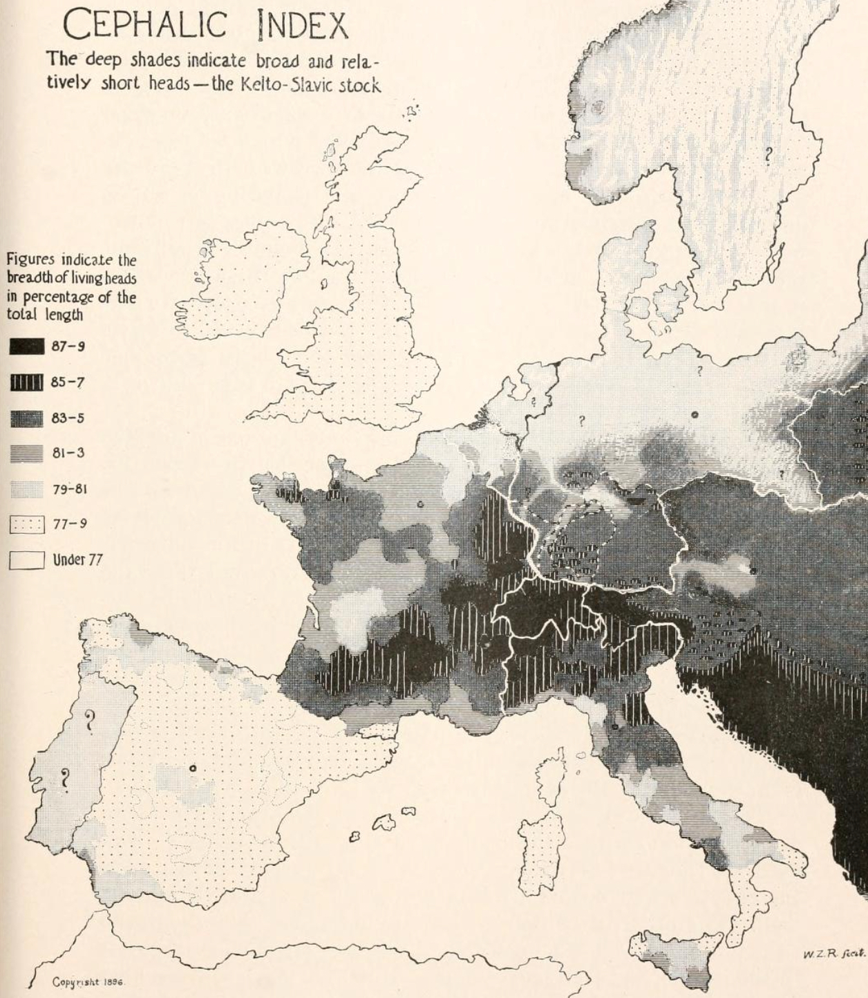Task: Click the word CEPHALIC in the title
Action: point(145,26)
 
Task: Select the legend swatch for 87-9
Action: point(27,346)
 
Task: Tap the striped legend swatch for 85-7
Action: point(27,382)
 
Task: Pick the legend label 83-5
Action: point(68,418)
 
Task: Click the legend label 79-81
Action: point(70,489)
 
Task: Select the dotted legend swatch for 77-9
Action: point(27,524)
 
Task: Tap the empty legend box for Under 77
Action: point(27,560)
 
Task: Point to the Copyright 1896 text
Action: point(88,982)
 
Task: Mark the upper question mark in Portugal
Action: point(90,721)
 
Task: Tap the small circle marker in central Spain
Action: point(193,768)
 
